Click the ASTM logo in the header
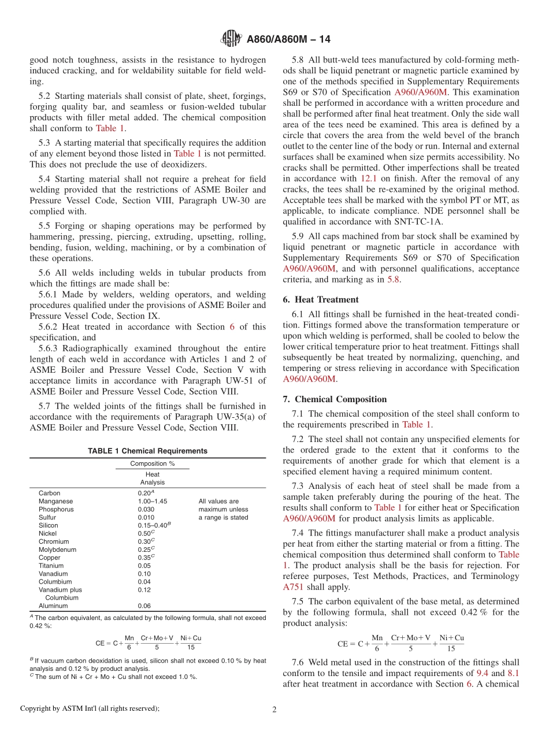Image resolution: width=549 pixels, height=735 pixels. coord(232,39)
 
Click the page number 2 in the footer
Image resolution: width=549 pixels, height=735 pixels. coord(274,708)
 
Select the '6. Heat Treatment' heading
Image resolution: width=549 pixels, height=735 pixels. coord(321,299)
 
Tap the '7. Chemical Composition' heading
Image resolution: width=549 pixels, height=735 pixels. coord(335,399)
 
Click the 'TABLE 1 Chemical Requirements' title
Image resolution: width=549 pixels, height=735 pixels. coord(147,451)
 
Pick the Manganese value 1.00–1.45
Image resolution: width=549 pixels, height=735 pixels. coord(153,502)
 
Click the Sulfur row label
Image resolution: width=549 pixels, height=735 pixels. coord(47,518)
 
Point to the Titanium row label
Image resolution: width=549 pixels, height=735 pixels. coord(51,566)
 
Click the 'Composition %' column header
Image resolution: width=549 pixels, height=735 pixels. coord(152,463)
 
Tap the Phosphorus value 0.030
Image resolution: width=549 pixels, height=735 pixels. coord(146,510)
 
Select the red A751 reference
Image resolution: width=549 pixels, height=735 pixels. coord(292,587)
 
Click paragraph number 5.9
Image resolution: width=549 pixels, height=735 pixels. coord(298,236)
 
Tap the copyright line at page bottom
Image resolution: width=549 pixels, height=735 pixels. coord(90,708)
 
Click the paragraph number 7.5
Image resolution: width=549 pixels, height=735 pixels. coord(298,602)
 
